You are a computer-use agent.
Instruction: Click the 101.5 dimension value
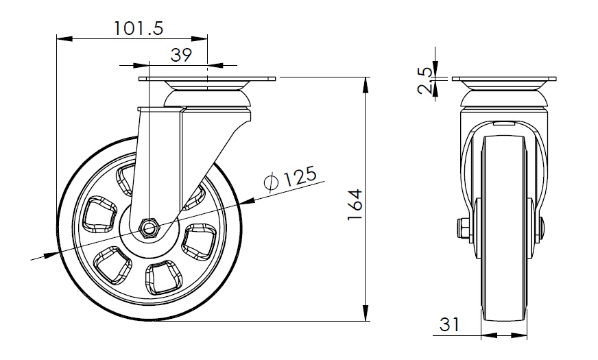click(139, 28)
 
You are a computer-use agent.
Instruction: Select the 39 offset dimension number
click(181, 55)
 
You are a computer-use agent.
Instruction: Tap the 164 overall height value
click(355, 204)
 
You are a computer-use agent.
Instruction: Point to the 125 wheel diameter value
click(301, 176)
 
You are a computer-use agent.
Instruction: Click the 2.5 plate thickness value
click(425, 80)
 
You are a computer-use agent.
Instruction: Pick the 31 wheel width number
click(450, 324)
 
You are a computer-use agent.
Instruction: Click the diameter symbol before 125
click(271, 182)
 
